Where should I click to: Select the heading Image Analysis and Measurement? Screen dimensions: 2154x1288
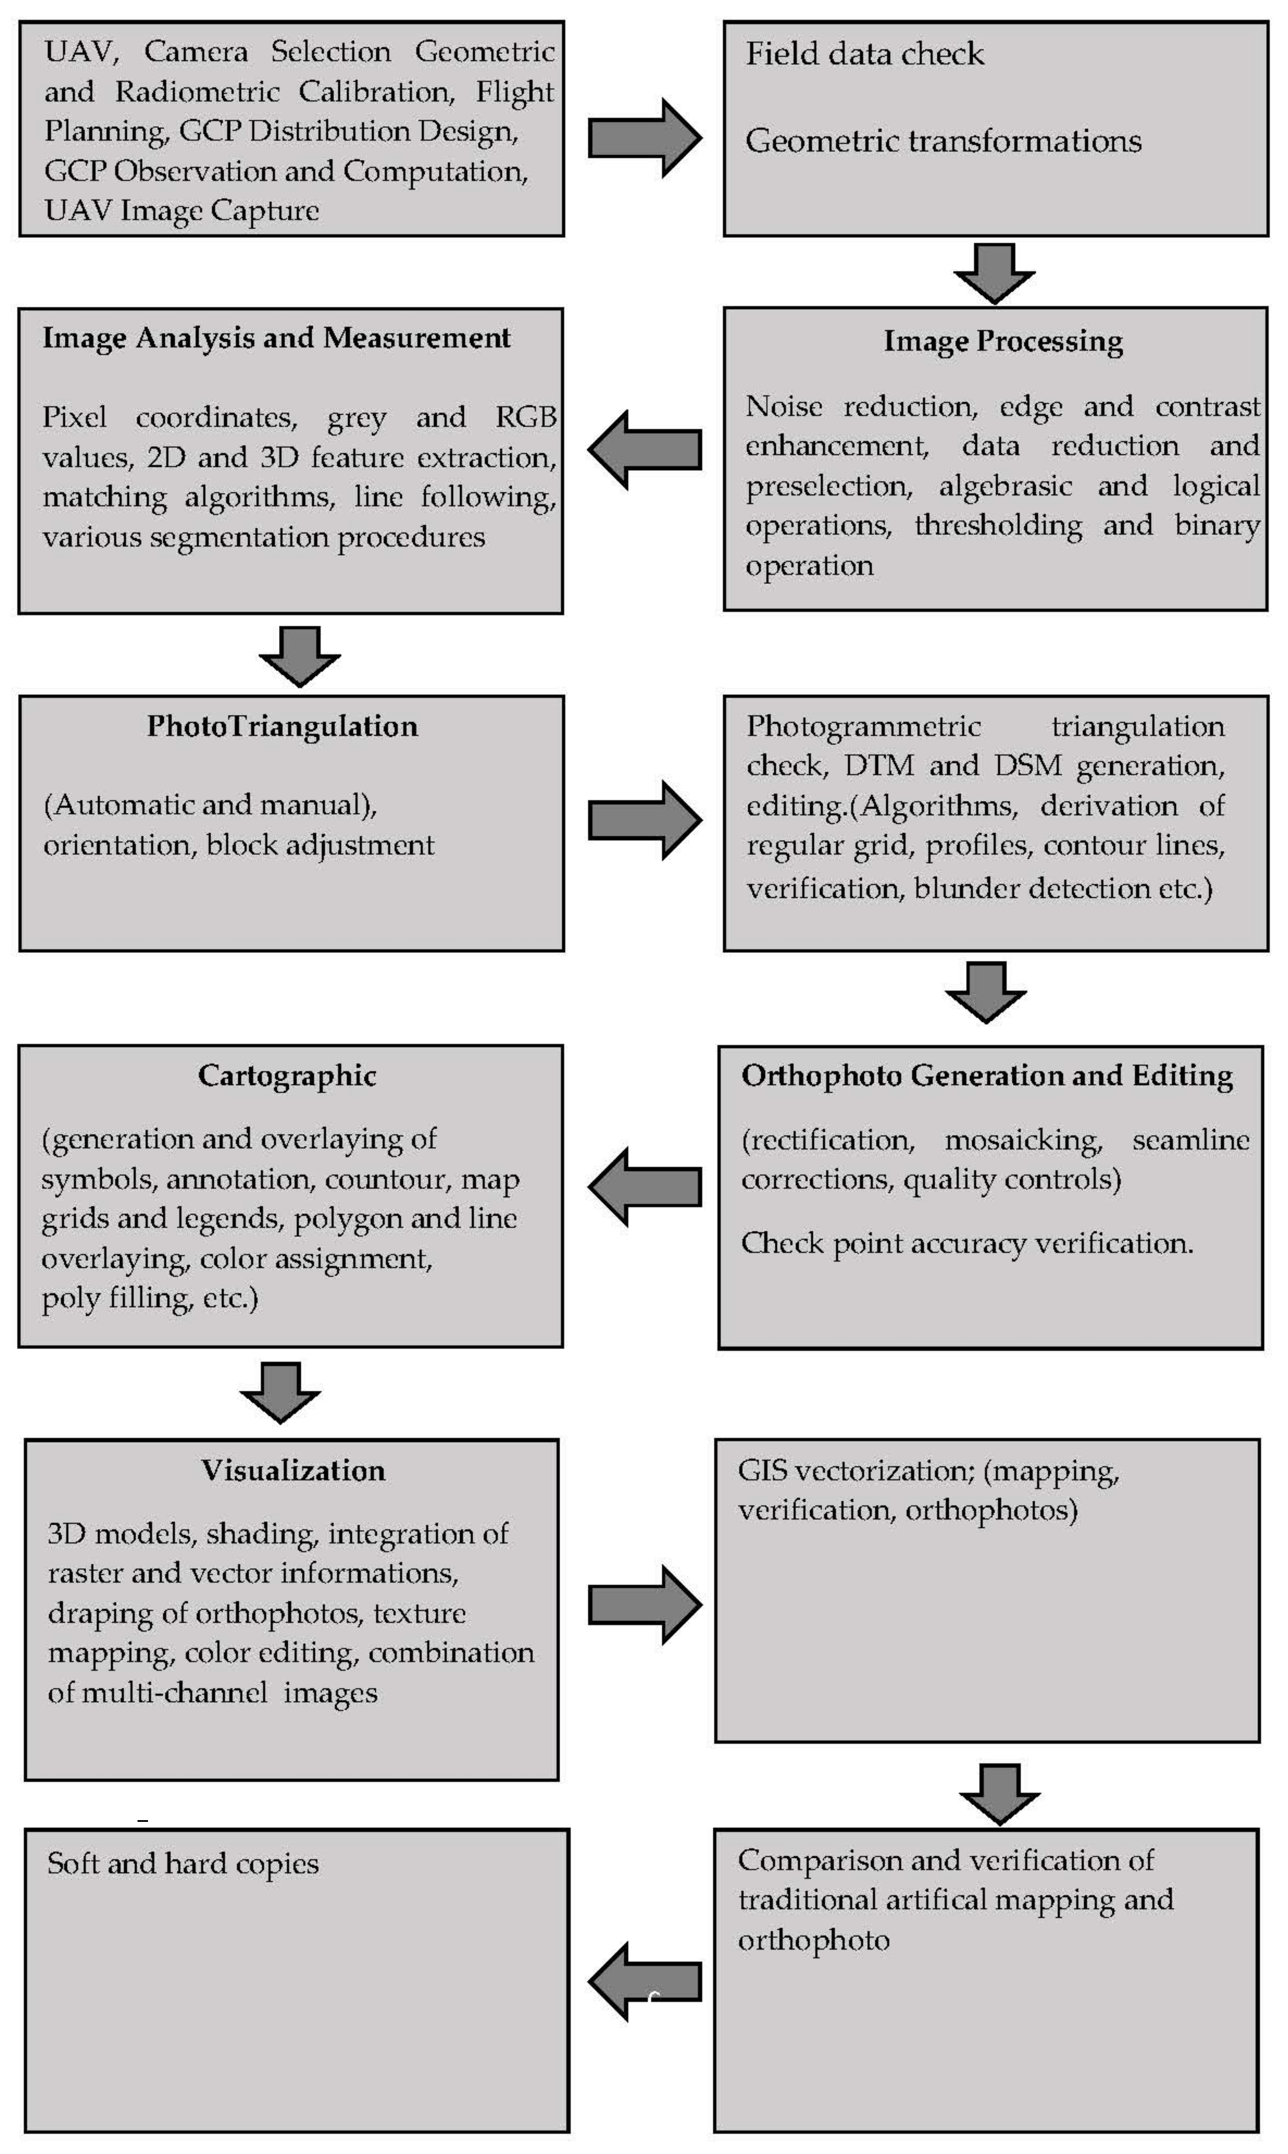(x=276, y=338)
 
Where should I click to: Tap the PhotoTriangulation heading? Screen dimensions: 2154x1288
(x=282, y=726)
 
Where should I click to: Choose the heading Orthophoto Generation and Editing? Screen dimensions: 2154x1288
(x=987, y=1076)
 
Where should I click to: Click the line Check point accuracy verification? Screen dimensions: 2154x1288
(x=967, y=1243)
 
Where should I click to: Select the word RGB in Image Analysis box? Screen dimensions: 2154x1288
(x=525, y=418)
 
